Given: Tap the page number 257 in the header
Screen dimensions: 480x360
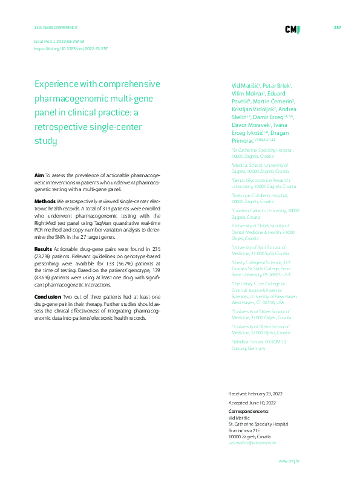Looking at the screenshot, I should [x=338, y=28].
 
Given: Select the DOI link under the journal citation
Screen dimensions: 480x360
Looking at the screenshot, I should [x=70, y=48].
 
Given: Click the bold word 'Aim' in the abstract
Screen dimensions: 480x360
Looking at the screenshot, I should [x=39, y=175].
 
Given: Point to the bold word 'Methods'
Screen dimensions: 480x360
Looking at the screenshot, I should [x=45, y=199].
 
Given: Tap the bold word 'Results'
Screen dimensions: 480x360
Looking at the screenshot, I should [x=43, y=248].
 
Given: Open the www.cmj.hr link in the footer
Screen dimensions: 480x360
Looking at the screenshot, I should [x=289, y=461].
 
